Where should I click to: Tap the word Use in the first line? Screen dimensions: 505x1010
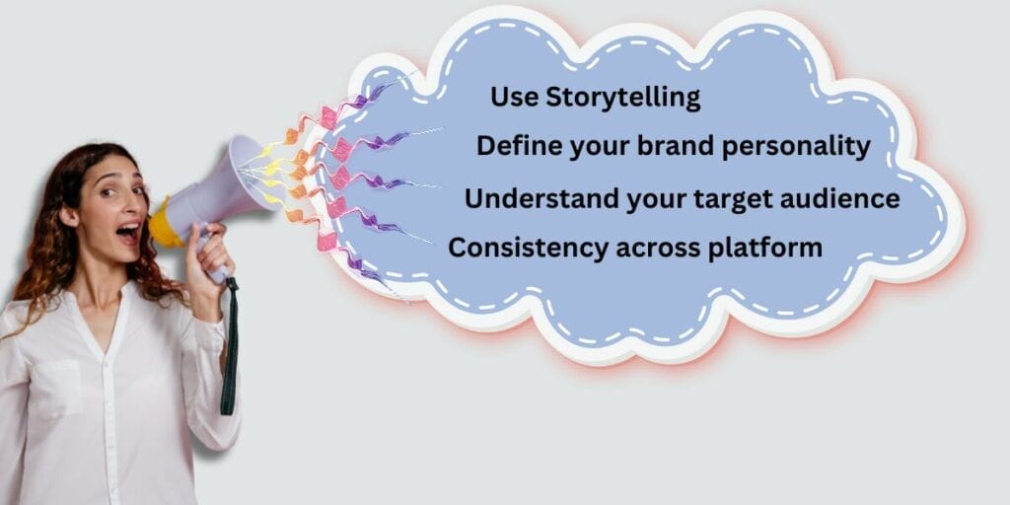coord(510,98)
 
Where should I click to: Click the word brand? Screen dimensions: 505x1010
coord(681,146)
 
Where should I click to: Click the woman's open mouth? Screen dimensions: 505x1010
coord(128,232)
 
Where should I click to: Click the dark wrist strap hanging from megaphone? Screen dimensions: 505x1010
coord(230,345)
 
